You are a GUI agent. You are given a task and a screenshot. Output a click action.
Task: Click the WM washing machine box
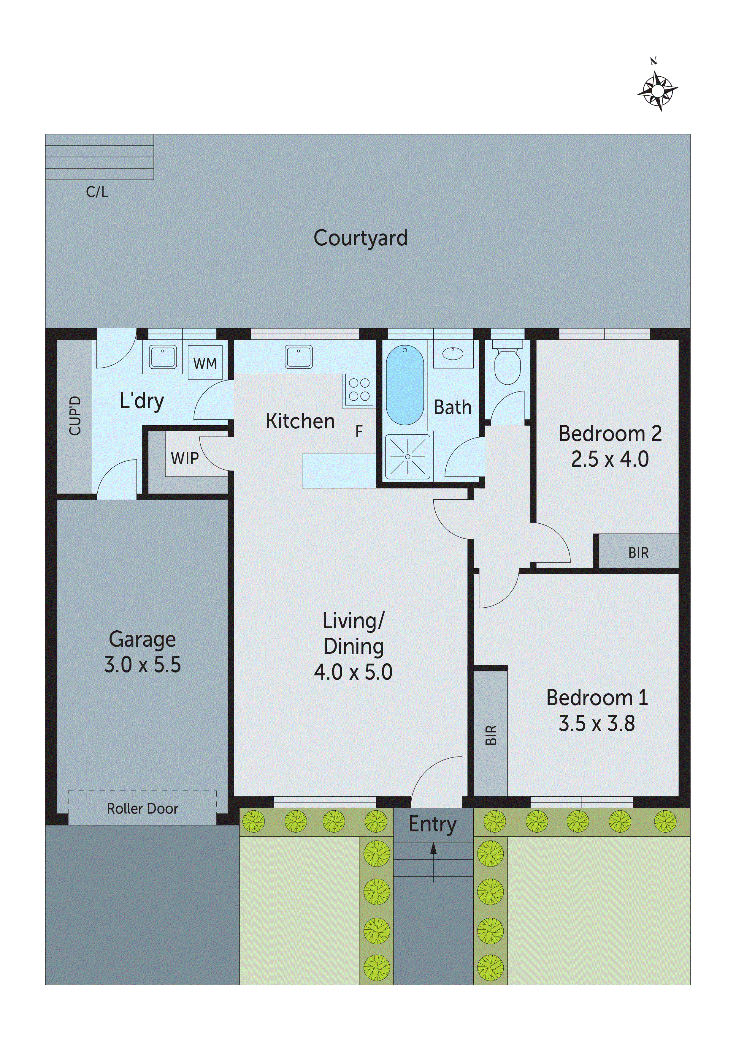pos(205,363)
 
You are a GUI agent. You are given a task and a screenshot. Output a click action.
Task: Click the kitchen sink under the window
pos(298,357)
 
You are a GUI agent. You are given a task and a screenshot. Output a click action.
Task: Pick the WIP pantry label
pos(185,459)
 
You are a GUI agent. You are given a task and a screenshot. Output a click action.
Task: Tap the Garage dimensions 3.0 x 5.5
pos(142,665)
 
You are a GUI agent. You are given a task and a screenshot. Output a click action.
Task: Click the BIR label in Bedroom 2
pos(638,553)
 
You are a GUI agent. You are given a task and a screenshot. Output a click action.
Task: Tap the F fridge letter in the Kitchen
pos(359,432)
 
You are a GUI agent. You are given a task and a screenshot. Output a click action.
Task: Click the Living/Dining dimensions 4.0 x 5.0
pos(353,672)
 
